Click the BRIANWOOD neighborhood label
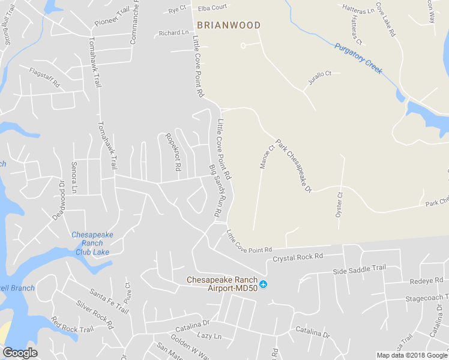(228, 25)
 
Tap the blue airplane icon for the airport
(264, 284)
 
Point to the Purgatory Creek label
(358, 58)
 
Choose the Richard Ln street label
(173, 33)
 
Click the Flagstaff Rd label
(44, 78)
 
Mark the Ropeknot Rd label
(173, 152)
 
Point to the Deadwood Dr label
(58, 200)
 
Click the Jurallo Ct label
(320, 77)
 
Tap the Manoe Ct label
(267, 156)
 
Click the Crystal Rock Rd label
(298, 257)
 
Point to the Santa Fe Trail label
(109, 301)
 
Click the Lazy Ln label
(209, 336)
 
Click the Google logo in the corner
(20, 353)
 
